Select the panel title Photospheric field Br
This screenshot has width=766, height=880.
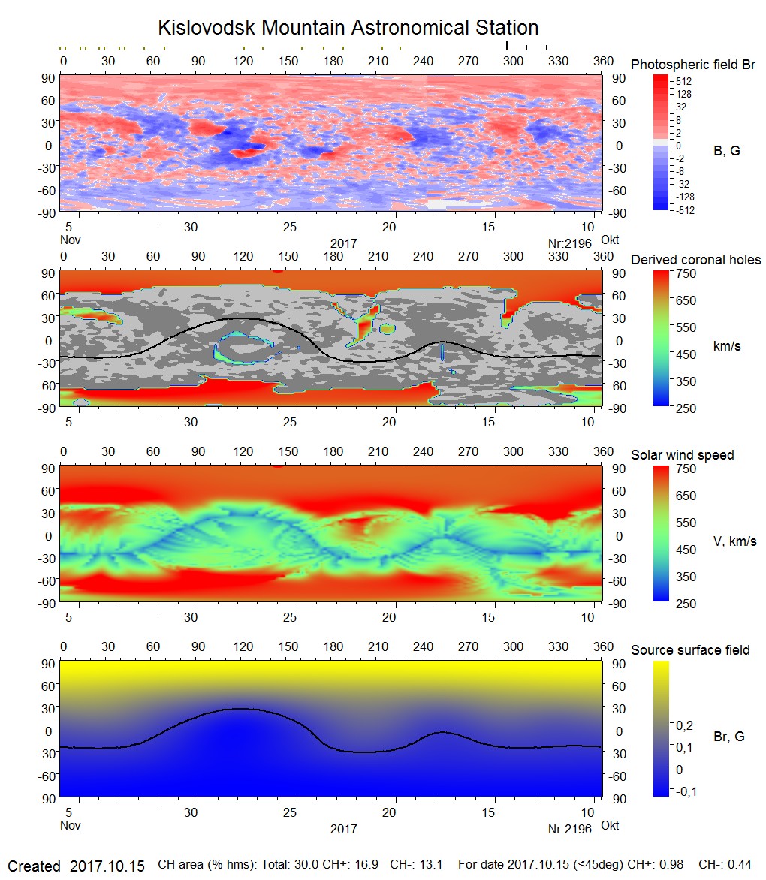[693, 65]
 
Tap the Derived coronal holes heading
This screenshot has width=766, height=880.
[695, 260]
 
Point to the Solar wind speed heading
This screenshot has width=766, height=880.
[683, 456]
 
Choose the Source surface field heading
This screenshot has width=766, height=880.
[690, 650]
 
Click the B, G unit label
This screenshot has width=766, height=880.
[726, 151]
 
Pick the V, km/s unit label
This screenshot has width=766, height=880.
[734, 541]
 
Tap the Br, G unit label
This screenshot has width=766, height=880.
[729, 737]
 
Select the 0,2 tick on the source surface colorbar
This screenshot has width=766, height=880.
[684, 725]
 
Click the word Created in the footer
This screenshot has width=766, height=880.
[34, 866]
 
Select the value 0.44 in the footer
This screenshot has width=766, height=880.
[740, 866]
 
